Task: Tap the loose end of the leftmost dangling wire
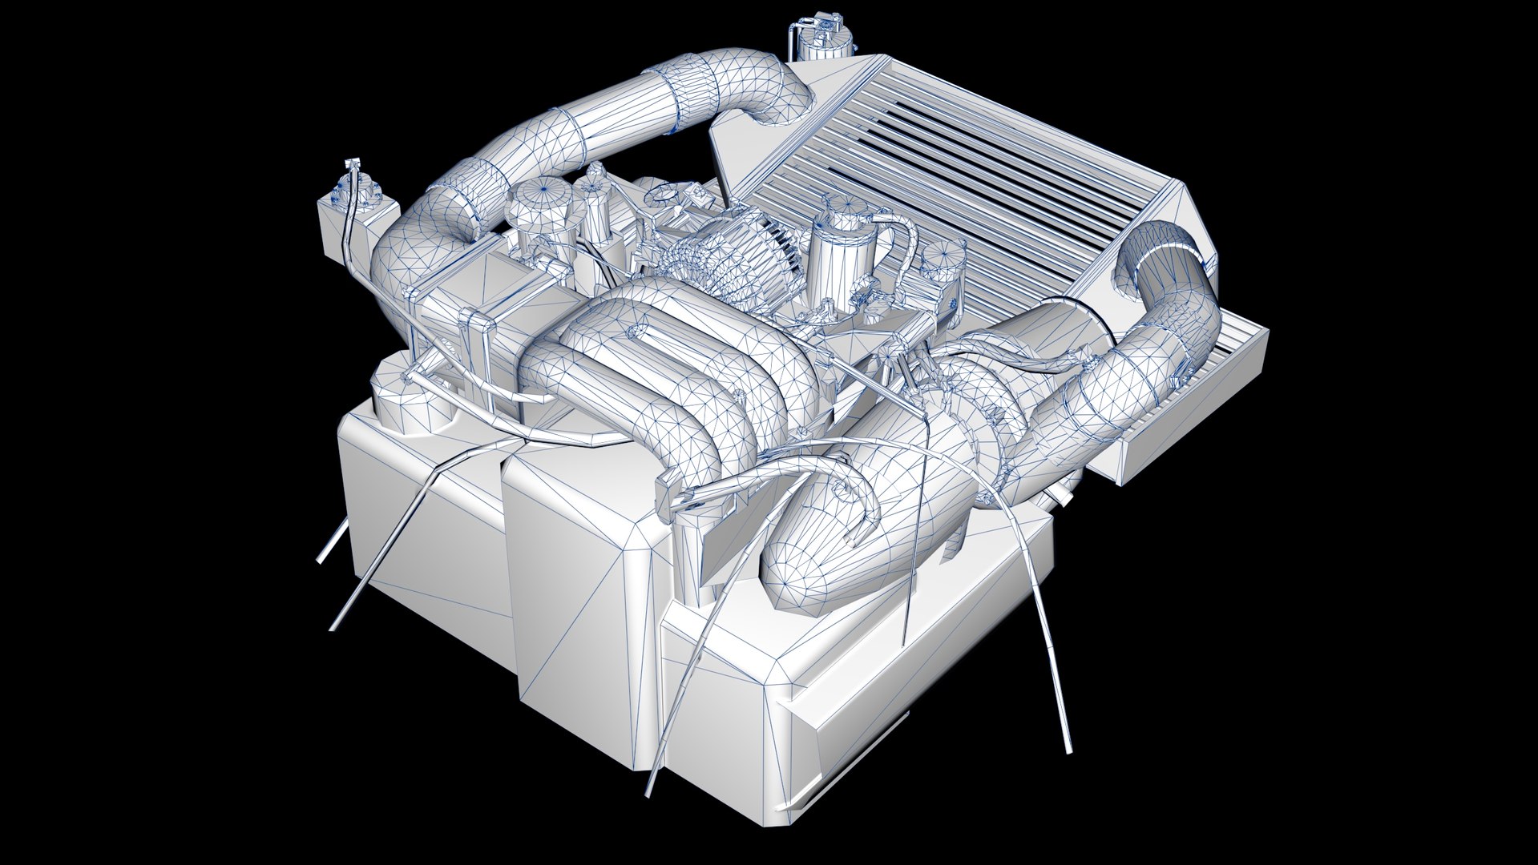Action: coord(320,560)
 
